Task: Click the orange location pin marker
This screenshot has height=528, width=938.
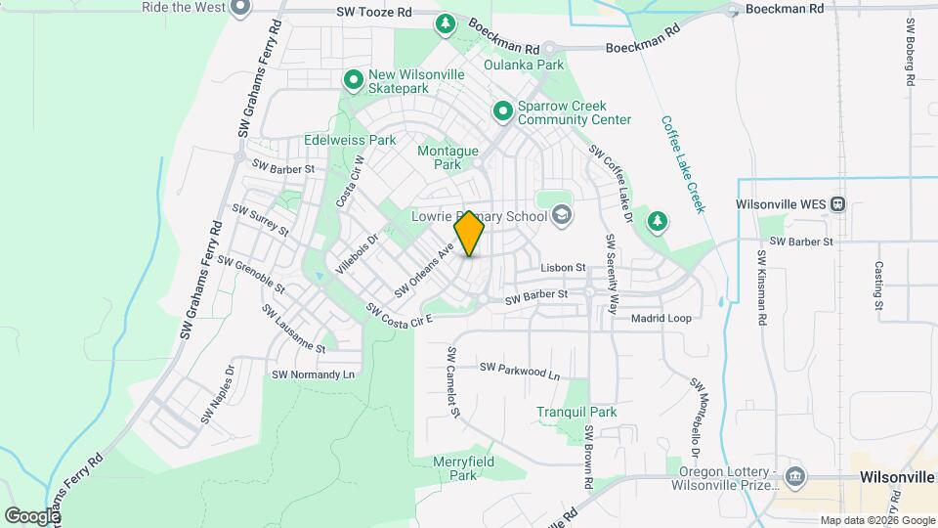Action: (470, 234)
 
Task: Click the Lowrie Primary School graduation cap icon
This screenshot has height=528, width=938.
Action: (561, 213)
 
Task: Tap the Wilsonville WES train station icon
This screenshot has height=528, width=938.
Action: (838, 205)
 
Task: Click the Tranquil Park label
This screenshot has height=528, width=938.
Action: (576, 412)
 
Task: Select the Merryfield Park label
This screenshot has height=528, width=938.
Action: (464, 468)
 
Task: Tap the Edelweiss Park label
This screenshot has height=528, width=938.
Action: (350, 140)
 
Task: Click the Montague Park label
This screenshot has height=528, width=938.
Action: (448, 157)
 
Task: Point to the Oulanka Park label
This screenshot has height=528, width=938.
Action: (525, 65)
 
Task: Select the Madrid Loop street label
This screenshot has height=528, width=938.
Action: (661, 319)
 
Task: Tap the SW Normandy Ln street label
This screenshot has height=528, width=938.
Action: (312, 374)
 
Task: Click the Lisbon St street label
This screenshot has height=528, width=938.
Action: (563, 267)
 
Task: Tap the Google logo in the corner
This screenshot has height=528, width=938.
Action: (31, 515)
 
